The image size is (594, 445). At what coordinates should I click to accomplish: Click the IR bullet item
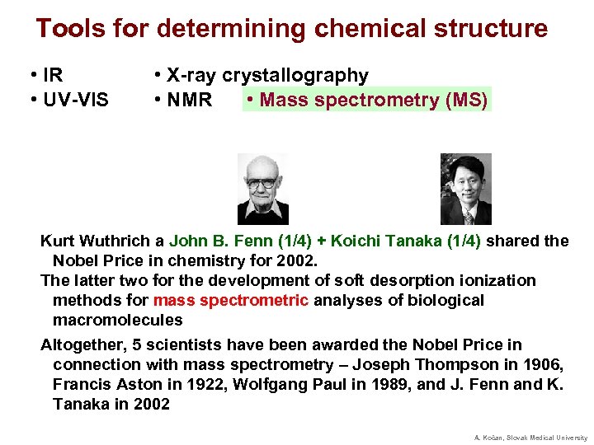[x=46, y=76]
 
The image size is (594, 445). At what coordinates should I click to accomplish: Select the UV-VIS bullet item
[x=68, y=101]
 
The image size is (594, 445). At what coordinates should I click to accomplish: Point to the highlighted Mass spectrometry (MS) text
[x=367, y=101]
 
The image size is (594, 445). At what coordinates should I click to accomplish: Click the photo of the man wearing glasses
[x=263, y=189]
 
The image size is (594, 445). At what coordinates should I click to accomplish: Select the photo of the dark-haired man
[x=465, y=189]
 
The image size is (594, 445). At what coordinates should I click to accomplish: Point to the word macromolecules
[x=117, y=320]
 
